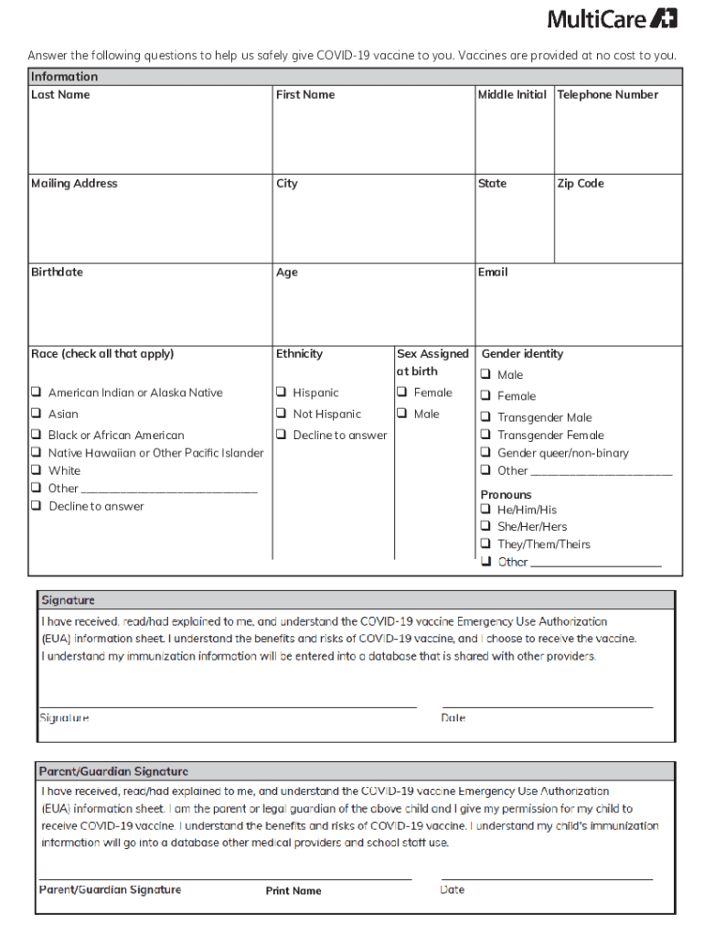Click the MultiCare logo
pos(612,18)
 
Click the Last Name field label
pos(60,94)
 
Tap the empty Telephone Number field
pos(618,137)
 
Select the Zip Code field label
pos(581,183)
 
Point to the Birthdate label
pos(57,272)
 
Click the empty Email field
pos(578,311)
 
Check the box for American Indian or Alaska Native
pos(36,393)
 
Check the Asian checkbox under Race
pos(36,414)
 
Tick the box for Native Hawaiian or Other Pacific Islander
pos(36,453)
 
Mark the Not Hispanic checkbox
pos(281,414)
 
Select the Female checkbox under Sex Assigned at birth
pos(401,393)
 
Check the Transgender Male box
pos(486,417)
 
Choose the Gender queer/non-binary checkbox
pos(486,453)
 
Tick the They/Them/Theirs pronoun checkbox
pos(486,544)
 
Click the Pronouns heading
pos(506,494)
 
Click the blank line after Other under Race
pos(169,489)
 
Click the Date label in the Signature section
pos(453,718)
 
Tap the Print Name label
pos(293,890)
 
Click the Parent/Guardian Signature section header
pos(113,771)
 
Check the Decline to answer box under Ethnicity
pos(281,436)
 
